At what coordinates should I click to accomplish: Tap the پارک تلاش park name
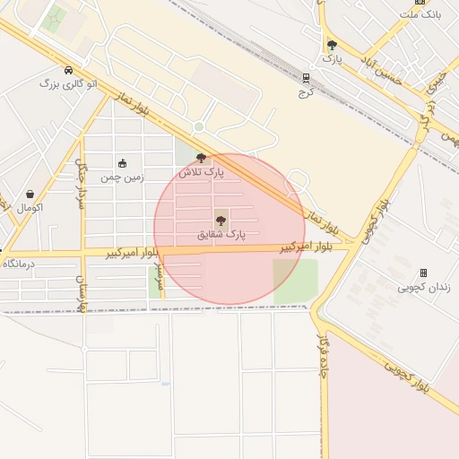[201, 171]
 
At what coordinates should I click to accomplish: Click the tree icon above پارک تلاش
[201, 158]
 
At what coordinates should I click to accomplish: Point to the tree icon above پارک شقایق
[221, 220]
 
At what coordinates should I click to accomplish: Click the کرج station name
[307, 91]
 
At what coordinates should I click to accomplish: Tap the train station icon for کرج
[307, 78]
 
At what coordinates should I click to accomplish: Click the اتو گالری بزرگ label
[68, 83]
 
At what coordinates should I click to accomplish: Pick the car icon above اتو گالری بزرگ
[68, 70]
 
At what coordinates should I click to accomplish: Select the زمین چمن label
[122, 178]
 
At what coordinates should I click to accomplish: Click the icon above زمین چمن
[122, 164]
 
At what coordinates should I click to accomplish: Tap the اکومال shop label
[30, 207]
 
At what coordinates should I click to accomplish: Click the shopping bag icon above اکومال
[30, 194]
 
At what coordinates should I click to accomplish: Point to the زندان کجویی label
[424, 287]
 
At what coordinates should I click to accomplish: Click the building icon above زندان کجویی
[423, 273]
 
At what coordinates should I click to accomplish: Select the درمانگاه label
[18, 264]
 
